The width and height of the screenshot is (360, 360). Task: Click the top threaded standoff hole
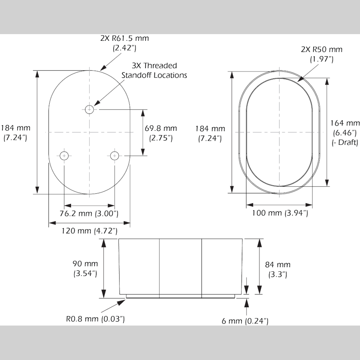pos(89,110)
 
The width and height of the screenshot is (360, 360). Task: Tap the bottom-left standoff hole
pos(64,156)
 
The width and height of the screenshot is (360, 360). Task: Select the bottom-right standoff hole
pos(114,156)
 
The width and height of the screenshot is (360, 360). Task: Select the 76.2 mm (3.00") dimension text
pos(89,214)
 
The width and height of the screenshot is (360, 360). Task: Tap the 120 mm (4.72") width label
pos(90,231)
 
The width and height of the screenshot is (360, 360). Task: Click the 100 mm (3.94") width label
pos(280,213)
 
